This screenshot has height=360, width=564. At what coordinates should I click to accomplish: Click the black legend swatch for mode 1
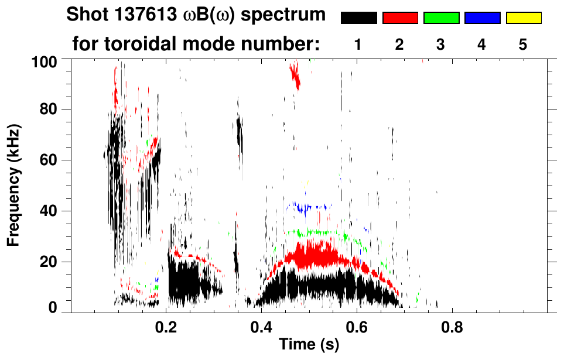pyautogui.click(x=358, y=18)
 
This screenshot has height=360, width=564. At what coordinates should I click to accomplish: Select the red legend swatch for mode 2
pyautogui.click(x=400, y=18)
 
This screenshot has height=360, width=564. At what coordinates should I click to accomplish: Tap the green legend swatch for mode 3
pyautogui.click(x=441, y=18)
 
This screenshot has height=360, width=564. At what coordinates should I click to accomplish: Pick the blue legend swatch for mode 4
pyautogui.click(x=482, y=18)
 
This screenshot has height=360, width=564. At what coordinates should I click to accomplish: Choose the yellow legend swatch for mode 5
pyautogui.click(x=524, y=18)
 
